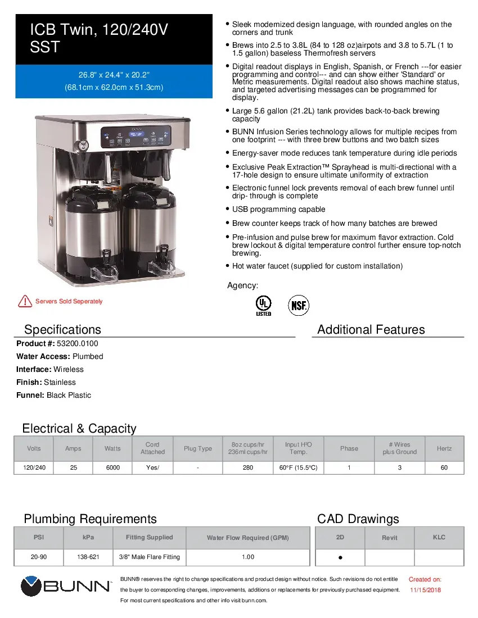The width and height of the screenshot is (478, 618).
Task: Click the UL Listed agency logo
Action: click(263, 306)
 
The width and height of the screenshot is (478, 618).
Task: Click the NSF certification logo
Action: click(299, 306)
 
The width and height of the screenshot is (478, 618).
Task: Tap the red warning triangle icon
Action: click(25, 301)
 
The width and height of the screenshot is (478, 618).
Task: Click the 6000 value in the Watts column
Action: click(112, 467)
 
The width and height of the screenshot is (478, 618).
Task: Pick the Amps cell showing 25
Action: click(73, 467)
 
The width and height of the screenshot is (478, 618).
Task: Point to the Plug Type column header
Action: click(198, 448)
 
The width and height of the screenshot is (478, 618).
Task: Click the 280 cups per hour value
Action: click(247, 467)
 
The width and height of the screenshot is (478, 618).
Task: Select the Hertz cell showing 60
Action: click(444, 467)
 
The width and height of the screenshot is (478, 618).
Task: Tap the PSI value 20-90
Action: click(39, 557)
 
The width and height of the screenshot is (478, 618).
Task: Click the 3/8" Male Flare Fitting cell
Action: click(149, 557)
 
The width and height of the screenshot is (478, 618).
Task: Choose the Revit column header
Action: click(390, 538)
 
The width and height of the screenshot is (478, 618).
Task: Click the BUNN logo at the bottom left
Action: click(66, 587)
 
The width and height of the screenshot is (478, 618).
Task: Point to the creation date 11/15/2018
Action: click(425, 590)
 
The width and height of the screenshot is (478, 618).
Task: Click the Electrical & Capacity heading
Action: click(79, 429)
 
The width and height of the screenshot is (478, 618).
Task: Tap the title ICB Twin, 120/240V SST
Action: click(99, 38)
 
